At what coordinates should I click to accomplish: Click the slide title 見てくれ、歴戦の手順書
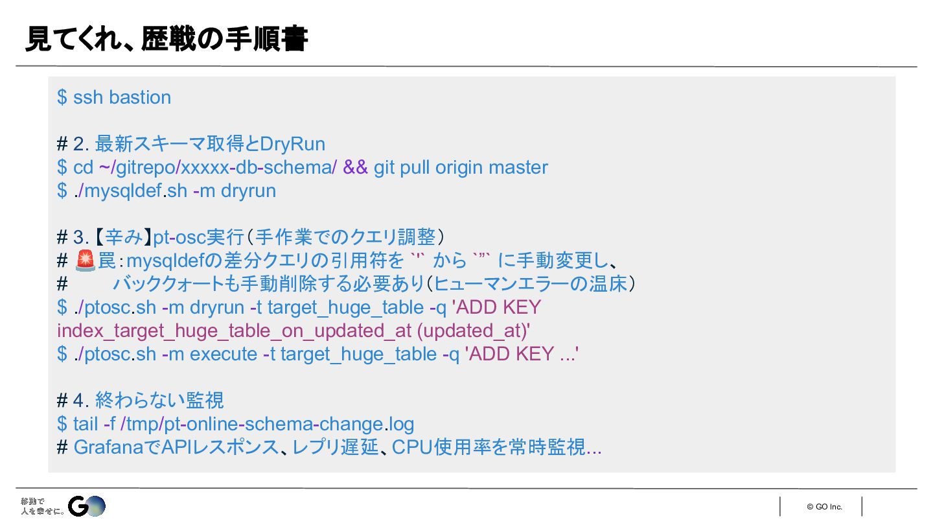(166, 40)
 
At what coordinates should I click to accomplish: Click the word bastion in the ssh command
(140, 97)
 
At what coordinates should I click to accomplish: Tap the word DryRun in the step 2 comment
(293, 144)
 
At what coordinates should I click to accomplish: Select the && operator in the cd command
(355, 167)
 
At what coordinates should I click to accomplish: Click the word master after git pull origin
(518, 167)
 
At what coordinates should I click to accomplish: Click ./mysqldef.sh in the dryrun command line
(130, 191)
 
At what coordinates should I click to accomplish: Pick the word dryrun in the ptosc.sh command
(216, 307)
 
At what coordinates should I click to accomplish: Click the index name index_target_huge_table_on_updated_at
(234, 331)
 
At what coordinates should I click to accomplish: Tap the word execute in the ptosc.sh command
(223, 354)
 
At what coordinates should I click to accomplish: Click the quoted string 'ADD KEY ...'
(521, 354)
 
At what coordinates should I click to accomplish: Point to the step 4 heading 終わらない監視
(159, 401)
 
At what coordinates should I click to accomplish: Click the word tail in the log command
(85, 424)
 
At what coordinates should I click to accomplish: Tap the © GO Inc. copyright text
(824, 507)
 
